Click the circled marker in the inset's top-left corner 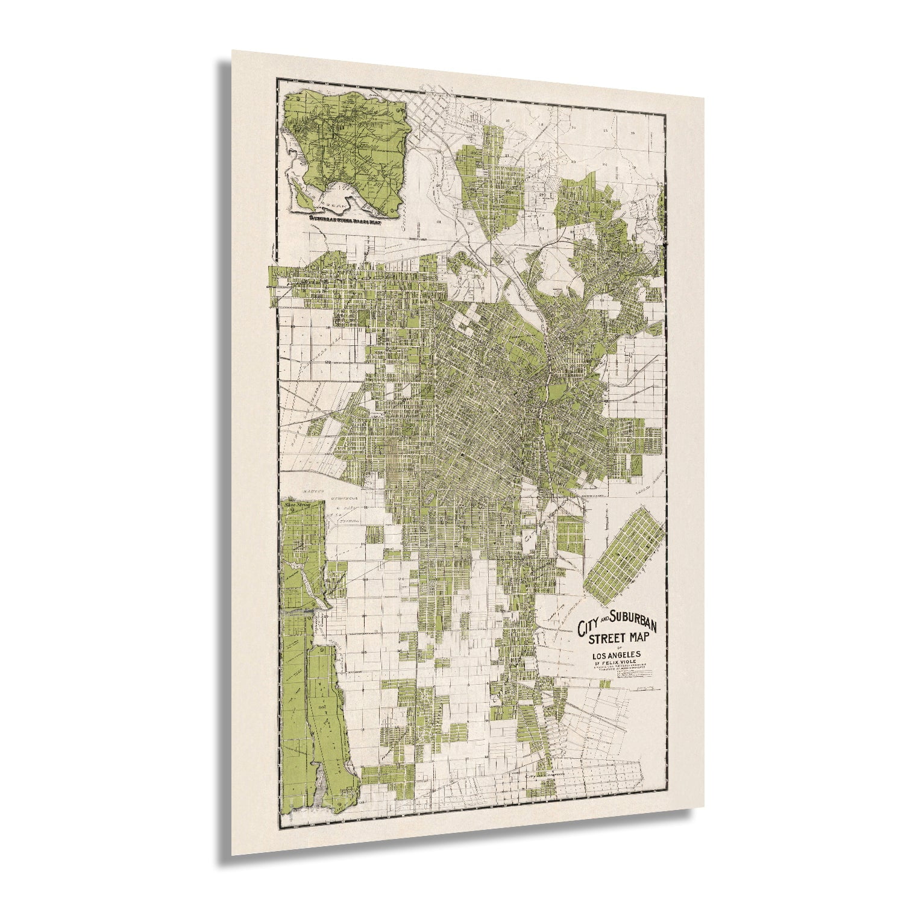coord(297,98)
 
